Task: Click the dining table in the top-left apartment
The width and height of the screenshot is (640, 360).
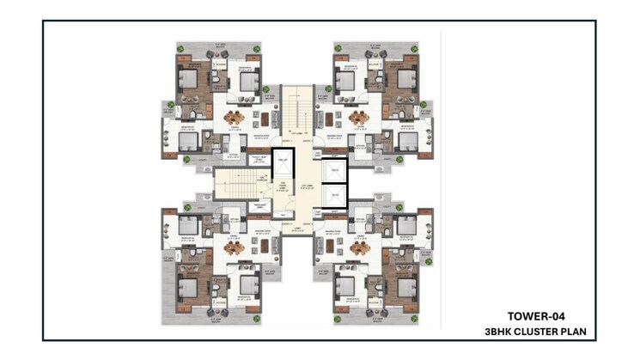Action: [x=235, y=118]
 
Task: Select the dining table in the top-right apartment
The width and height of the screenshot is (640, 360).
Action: [x=358, y=118]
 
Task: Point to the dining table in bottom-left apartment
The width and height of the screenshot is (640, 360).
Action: [x=235, y=247]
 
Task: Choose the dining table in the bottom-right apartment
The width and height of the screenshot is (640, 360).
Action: [x=358, y=247]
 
